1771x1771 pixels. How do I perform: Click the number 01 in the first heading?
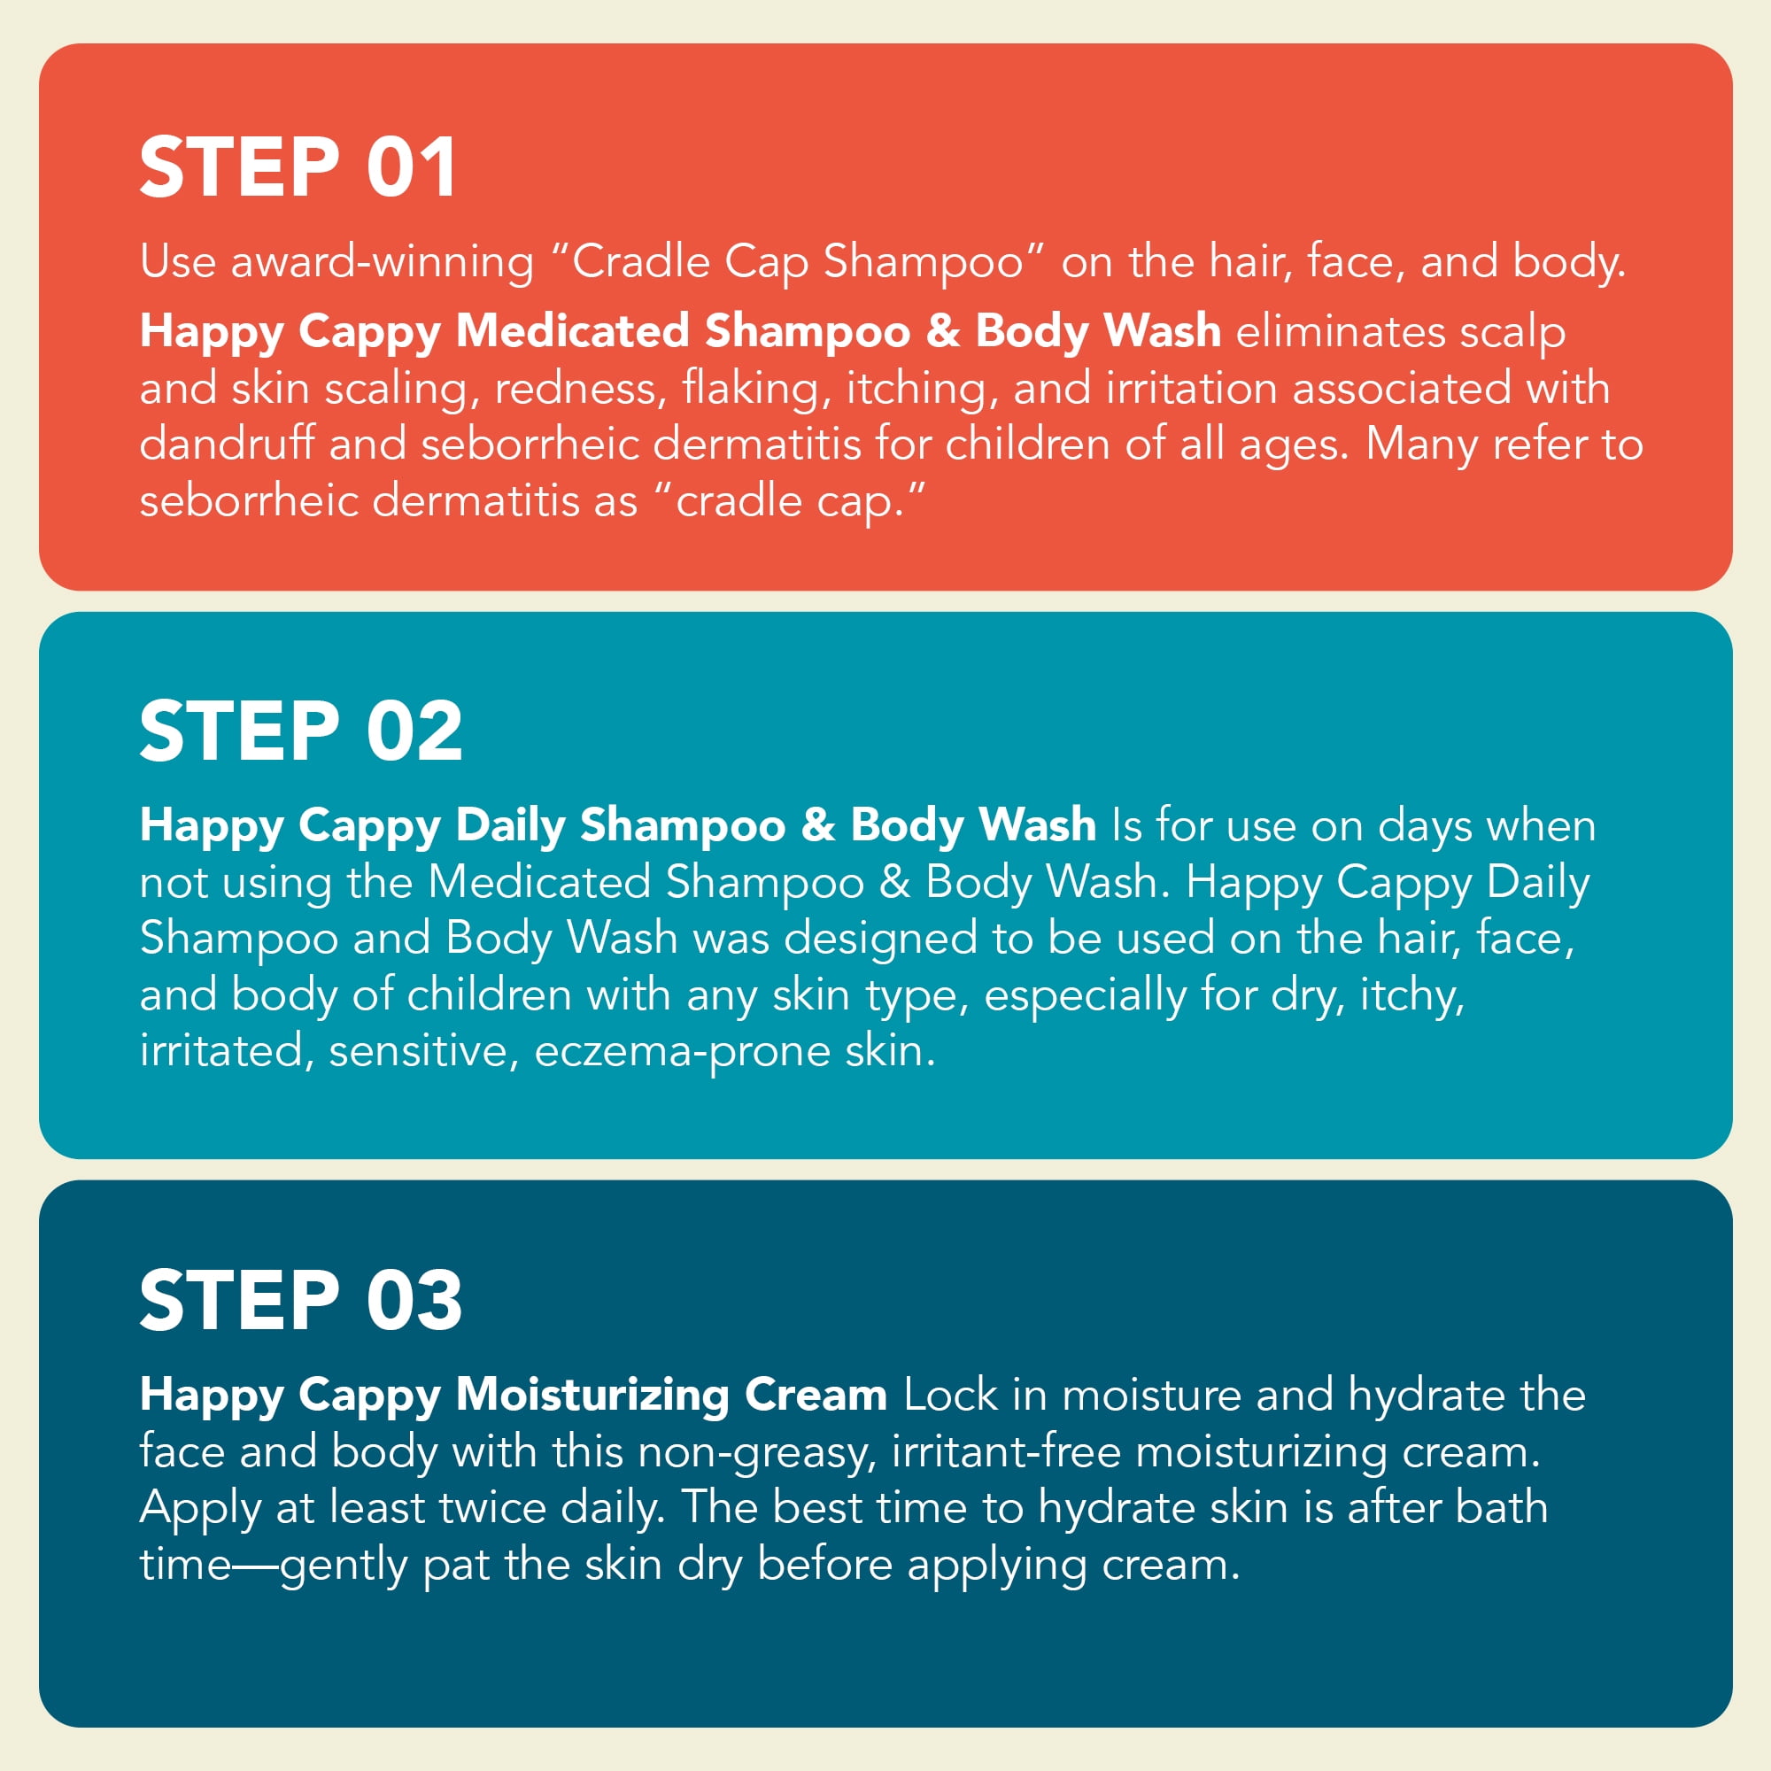coord(412,166)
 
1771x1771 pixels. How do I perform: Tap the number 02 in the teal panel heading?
coord(414,730)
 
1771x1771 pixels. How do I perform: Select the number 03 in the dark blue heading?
coord(414,1299)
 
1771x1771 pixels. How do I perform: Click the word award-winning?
coord(383,263)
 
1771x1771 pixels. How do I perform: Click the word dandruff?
coord(227,444)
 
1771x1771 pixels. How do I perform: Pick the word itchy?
coord(1411,995)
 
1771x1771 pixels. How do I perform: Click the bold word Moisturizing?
coord(592,1396)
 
